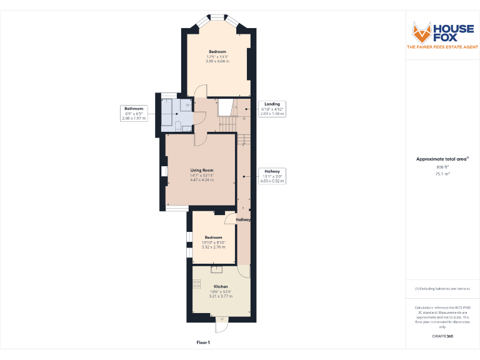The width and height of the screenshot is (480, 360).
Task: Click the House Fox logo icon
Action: tap(422, 31)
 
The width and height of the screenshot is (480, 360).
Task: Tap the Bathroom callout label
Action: tap(133, 113)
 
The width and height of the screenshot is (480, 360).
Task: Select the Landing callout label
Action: tap(272, 109)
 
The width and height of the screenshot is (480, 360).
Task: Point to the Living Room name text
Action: tap(202, 170)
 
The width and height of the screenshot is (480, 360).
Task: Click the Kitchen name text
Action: tap(221, 286)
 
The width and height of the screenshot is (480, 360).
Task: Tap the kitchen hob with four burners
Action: tap(197, 284)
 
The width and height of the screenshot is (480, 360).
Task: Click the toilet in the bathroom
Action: tap(179, 127)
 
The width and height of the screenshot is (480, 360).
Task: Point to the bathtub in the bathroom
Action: tap(169, 111)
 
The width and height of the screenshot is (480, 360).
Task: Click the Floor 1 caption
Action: tap(203, 342)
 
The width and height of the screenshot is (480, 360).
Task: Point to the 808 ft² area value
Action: tap(442, 167)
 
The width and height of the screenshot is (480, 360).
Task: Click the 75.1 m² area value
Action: tap(442, 174)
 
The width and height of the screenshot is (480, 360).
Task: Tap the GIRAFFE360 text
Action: tap(442, 336)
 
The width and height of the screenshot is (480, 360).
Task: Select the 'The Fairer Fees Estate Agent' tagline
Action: tap(442, 47)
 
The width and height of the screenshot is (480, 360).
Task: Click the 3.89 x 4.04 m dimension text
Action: tap(217, 61)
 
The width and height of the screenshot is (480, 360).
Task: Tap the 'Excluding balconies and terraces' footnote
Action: tap(442, 288)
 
